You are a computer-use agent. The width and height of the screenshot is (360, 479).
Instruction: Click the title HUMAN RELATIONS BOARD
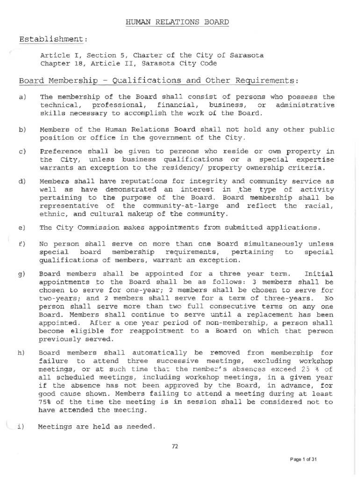177,22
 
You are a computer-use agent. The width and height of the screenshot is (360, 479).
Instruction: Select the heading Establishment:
53,38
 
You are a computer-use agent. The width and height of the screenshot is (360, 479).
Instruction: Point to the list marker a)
22,97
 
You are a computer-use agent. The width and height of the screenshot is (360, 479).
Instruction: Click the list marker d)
22,181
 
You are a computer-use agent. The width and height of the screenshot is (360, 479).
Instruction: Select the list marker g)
22,274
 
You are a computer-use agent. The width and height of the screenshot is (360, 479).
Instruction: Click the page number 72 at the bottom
175,447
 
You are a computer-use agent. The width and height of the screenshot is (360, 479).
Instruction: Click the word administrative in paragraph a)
305,105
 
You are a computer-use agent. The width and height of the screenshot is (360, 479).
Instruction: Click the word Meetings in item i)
55,427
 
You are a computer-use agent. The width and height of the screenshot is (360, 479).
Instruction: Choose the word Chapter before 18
55,63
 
